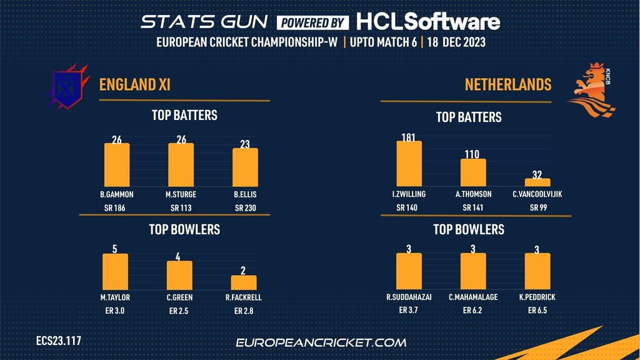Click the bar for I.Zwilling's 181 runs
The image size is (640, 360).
409,164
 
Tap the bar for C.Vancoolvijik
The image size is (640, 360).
537,182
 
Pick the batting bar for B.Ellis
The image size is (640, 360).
245,167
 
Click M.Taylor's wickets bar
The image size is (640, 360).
115,272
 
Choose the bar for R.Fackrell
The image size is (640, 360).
244,282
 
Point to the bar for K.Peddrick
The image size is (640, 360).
537,272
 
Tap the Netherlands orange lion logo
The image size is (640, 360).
591,91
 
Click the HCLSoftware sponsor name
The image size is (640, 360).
428,22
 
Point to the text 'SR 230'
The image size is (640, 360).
246,207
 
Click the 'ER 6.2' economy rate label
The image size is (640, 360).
472,310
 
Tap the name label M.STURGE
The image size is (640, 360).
181,194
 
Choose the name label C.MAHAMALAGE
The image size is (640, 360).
473,297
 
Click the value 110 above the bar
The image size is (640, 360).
473,153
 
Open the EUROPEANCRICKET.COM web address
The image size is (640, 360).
321,342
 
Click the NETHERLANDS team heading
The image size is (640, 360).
507,84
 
